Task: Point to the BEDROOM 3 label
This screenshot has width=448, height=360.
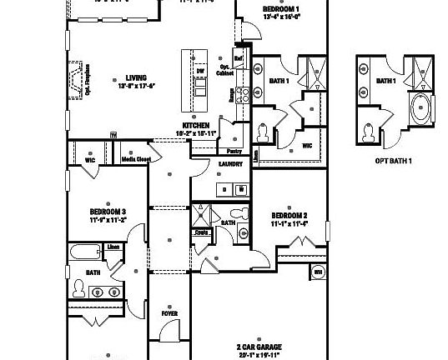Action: [x=108, y=211]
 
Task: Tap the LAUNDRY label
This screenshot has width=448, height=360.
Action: [x=231, y=165]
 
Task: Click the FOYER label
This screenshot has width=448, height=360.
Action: [x=169, y=313]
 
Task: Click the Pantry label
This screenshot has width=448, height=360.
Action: [x=234, y=151]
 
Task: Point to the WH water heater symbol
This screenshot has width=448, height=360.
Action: [x=318, y=272]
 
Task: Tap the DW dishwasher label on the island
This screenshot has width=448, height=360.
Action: [x=200, y=72]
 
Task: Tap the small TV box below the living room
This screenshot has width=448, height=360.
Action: [x=113, y=134]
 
